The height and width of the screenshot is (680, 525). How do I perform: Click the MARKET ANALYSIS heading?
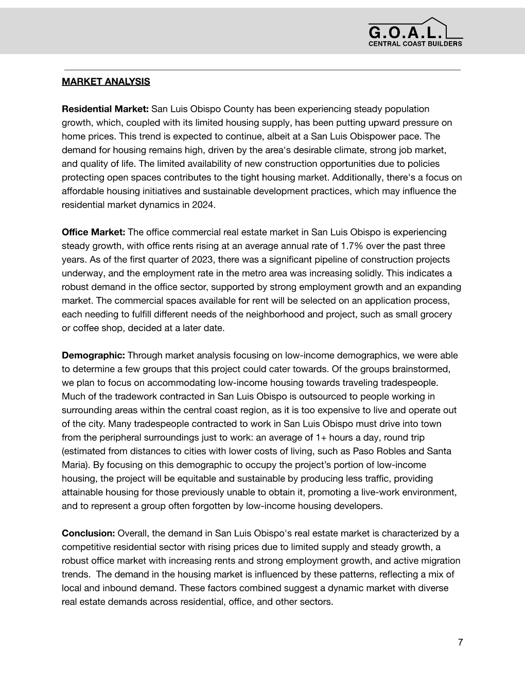pyautogui.click(x=106, y=81)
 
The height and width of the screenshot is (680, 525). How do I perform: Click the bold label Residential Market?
pyautogui.click(x=105, y=109)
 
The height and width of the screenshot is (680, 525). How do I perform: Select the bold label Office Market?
pyautogui.click(x=93, y=232)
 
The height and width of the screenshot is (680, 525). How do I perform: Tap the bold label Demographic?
pyautogui.click(x=93, y=355)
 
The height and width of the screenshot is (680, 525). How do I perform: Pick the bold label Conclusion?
pyautogui.click(x=88, y=533)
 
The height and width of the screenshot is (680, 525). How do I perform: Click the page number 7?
pyautogui.click(x=460, y=642)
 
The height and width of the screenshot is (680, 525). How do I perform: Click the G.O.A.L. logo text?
pyautogui.click(x=405, y=33)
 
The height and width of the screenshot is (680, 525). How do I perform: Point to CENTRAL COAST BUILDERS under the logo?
pyautogui.click(x=415, y=44)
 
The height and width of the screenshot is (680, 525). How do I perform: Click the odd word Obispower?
pyautogui.click(x=380, y=137)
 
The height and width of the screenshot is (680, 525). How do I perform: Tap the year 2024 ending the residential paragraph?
pyautogui.click(x=203, y=205)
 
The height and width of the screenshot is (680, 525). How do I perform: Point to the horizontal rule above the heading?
pyautogui.click(x=262, y=70)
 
